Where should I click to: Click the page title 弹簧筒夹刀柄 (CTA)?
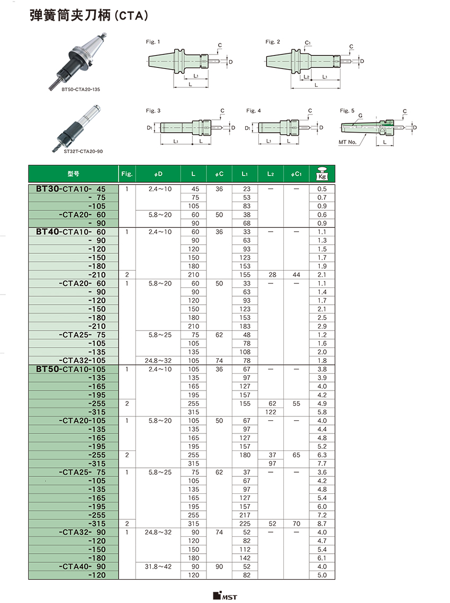tap(88, 17)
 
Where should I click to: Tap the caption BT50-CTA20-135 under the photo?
tap(80, 90)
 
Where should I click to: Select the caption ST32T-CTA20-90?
tap(83, 152)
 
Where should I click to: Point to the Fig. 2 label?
tap(273, 42)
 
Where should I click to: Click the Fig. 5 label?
tap(347, 111)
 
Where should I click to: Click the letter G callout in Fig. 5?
tap(360, 115)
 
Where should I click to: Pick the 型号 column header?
tap(73, 174)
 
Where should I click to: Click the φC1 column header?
tap(296, 174)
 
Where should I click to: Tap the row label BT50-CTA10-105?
tap(71, 369)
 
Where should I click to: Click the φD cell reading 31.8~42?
tap(158, 566)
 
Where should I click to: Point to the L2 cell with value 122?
tap(271, 412)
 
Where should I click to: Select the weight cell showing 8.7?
tap(321, 523)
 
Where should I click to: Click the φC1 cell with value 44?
tap(296, 274)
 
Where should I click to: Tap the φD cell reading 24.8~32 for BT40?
tap(158, 360)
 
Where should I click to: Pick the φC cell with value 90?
tap(219, 566)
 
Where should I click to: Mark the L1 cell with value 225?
tap(245, 523)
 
